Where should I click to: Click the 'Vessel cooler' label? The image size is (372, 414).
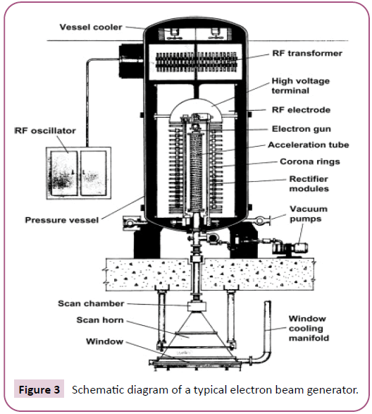[91, 27]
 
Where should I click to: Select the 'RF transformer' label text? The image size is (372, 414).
[307, 53]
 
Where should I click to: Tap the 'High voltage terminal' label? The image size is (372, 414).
[301, 85]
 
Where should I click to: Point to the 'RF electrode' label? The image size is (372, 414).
[301, 109]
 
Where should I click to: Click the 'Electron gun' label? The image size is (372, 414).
[302, 129]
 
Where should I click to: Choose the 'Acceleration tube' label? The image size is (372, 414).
[309, 145]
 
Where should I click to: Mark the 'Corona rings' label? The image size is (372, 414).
[310, 162]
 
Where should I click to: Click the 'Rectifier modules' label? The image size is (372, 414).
[309, 183]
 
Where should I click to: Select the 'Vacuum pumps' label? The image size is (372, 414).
[309, 214]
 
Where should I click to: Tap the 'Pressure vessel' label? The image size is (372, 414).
[62, 220]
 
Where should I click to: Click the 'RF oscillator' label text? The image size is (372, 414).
[45, 130]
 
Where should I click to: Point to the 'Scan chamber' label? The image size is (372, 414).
[91, 303]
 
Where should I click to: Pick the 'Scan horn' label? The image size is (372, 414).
[100, 319]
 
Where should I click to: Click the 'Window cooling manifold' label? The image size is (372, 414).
[309, 328]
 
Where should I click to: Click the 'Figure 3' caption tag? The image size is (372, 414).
[39, 390]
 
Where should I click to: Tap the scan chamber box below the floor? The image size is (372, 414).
[197, 307]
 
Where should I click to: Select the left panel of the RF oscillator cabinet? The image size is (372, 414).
[64, 173]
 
